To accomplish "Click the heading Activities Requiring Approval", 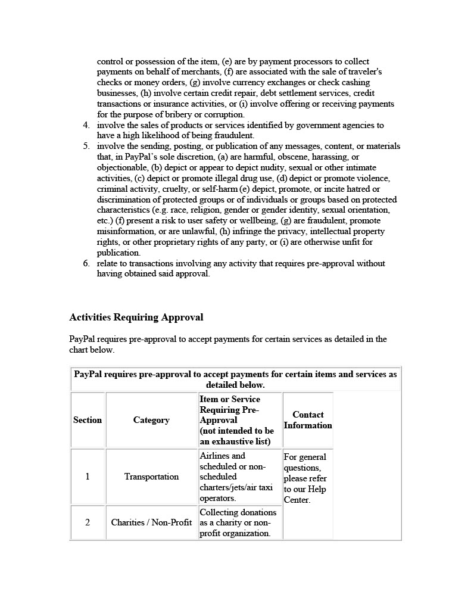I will pos(136,318).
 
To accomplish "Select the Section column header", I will pos(88,420).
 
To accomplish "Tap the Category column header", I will pos(151,420).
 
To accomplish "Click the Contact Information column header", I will pos(308,420).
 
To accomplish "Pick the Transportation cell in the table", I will pos(151,477).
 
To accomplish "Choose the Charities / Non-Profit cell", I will pos(151,522).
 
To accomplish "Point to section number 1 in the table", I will pos(88,477).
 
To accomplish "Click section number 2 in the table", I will pos(88,522).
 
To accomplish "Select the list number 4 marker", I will pos(86,125).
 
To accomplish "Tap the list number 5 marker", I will pos(86,147).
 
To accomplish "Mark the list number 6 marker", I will pos(86,263).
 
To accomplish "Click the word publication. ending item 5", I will pos(118,253).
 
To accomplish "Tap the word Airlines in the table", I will pos(214,456).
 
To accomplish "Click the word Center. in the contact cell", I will pos(297,500).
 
